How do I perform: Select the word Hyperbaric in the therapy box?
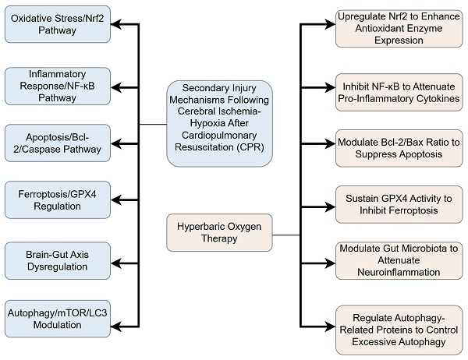[x=204, y=227]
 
